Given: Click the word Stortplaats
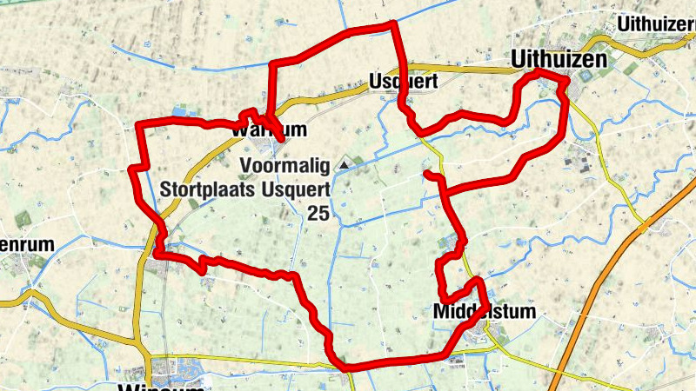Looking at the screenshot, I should click(x=204, y=187).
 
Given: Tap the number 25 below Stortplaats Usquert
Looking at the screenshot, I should click(x=318, y=212).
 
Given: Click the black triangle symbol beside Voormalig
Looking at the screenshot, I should click(x=345, y=163).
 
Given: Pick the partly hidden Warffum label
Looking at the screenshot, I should click(x=269, y=130).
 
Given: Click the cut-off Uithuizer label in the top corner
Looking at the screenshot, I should click(x=655, y=23).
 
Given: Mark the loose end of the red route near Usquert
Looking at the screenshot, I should click(x=427, y=175).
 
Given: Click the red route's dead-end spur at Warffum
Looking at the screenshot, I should click(x=283, y=136).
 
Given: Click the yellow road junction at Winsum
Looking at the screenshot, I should click(x=150, y=357).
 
